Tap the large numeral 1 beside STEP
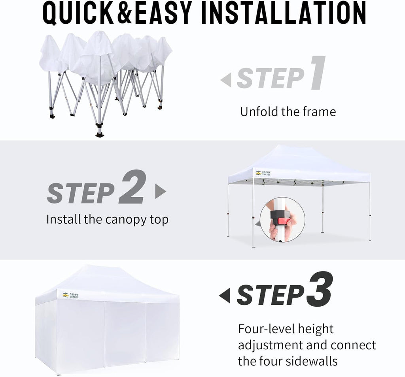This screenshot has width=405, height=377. point(317,74)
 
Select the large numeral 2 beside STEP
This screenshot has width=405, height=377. point(132,188)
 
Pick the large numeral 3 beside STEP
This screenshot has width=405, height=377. point(319,290)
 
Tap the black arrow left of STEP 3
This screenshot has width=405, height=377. point(225,296)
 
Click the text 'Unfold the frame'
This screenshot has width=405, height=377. point(288,112)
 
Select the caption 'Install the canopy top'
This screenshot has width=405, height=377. point(107,219)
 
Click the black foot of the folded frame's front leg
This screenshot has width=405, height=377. point(99,134)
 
